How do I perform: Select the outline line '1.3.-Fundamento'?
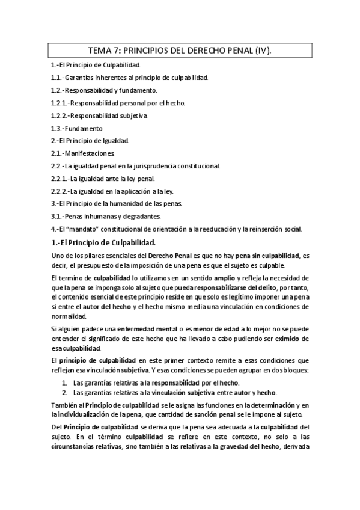coord(77,128)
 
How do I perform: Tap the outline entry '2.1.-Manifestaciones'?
coord(79,153)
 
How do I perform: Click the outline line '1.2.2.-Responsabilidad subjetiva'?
coord(99,115)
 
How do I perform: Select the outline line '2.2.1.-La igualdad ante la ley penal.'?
coord(103,179)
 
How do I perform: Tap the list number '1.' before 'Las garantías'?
coord(65,382)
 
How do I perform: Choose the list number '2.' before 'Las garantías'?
coord(65,392)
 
